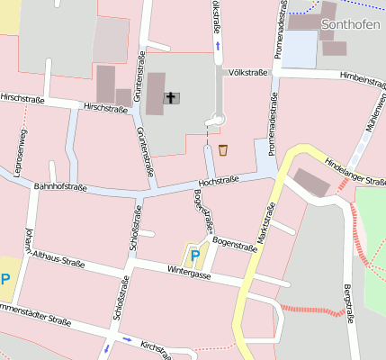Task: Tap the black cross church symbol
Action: coord(170,97)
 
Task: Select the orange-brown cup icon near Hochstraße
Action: coord(222,149)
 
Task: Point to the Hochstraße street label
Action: coord(219,182)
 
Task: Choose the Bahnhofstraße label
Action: coord(59,187)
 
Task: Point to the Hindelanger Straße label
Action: coord(355,168)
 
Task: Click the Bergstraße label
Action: coord(348,305)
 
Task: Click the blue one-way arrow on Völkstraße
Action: coord(216,43)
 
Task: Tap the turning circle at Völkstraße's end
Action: coord(217,118)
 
